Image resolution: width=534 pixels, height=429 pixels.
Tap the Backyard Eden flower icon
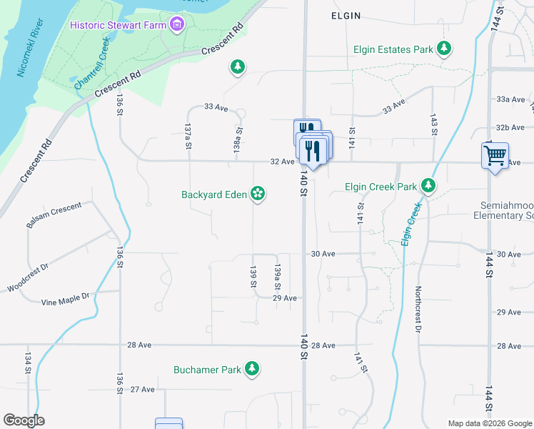click(x=258, y=194)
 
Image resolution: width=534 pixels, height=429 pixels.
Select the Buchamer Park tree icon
click(x=251, y=369)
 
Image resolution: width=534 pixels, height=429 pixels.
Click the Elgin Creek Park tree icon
click(x=428, y=187)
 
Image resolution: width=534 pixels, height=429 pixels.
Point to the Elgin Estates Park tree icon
click(x=445, y=49)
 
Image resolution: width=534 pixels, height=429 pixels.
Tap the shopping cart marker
click(x=495, y=154)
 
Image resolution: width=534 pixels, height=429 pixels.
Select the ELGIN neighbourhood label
click(x=346, y=15)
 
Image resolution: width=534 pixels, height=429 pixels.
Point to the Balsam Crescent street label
click(x=54, y=215)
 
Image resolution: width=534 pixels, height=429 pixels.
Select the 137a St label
click(x=188, y=135)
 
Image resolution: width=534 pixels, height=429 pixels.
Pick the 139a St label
click(x=278, y=277)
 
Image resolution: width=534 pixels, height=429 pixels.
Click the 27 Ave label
click(x=142, y=390)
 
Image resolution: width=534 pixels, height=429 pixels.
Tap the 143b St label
click(x=433, y=124)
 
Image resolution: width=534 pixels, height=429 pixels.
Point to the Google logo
click(x=24, y=420)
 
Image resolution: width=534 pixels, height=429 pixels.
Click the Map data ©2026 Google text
click(x=489, y=423)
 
